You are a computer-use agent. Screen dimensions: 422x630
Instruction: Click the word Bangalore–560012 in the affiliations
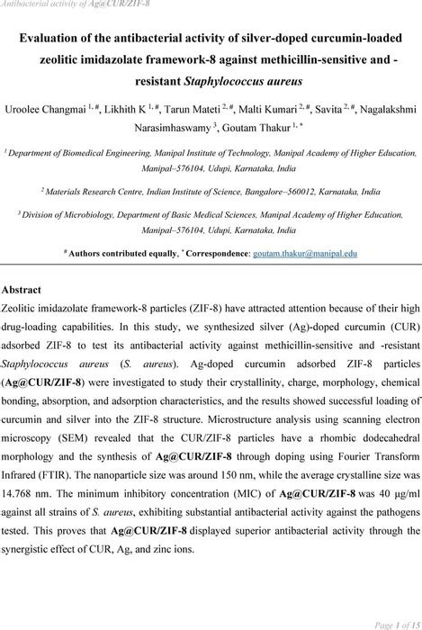pyautogui.click(x=271, y=192)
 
